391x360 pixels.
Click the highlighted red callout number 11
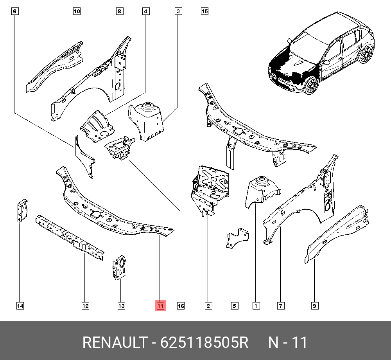click(x=160, y=306)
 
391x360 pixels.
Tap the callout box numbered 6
click(x=14, y=12)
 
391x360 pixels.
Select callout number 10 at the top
click(x=77, y=12)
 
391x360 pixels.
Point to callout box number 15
click(x=204, y=12)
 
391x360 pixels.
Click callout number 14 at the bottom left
click(x=20, y=306)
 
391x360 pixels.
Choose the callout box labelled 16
click(x=181, y=306)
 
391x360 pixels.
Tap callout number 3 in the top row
click(x=178, y=12)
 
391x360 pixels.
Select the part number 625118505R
click(x=204, y=343)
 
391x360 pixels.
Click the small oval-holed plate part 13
click(x=120, y=268)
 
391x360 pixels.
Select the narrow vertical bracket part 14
click(x=22, y=211)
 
